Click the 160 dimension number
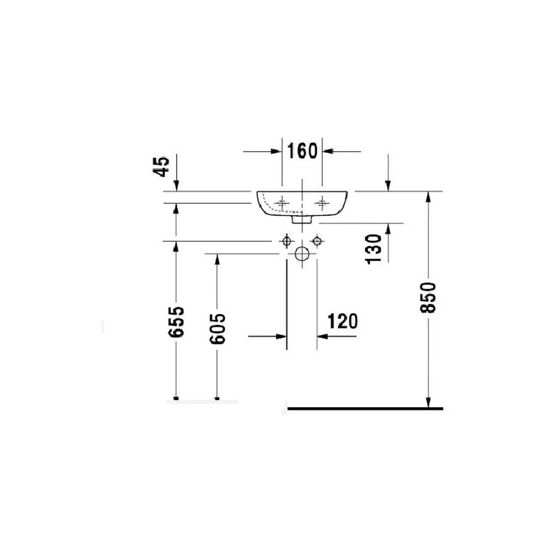point(302,151)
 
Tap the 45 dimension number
point(161,167)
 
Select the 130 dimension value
point(374,250)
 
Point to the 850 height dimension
point(428,298)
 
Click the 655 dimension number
point(177,322)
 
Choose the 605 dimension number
point(217,329)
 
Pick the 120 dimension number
point(343,321)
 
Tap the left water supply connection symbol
point(287,241)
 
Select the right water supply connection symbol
point(317,241)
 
